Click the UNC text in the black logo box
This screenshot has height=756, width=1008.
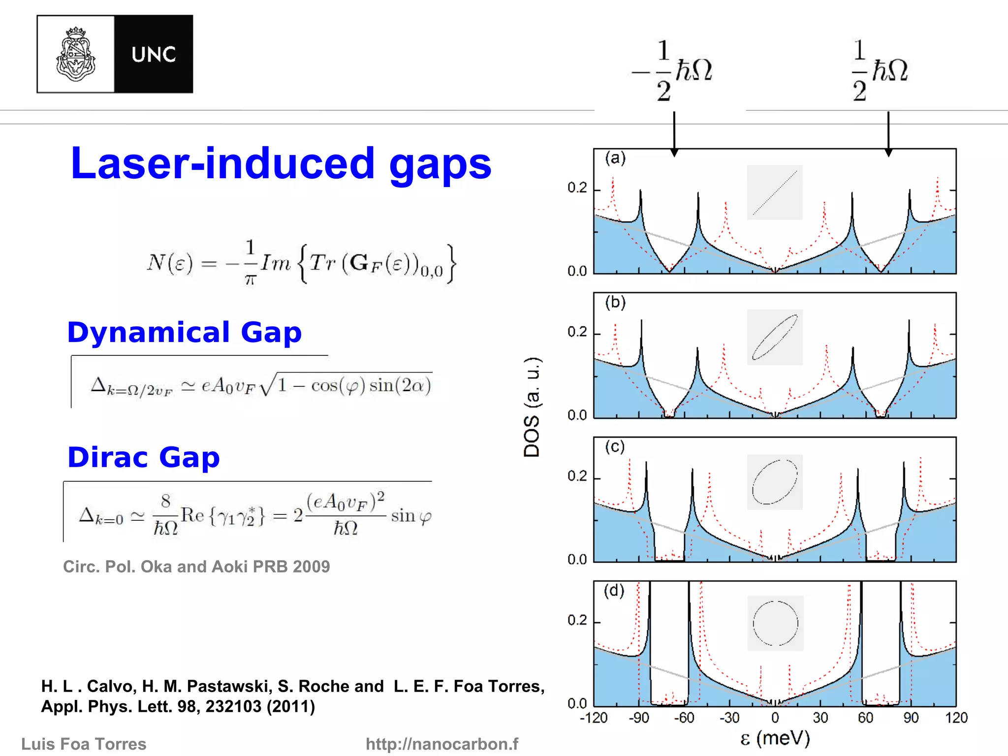coord(154,55)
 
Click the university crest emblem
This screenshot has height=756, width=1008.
coord(75,54)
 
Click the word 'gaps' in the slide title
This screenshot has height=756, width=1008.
coord(440,164)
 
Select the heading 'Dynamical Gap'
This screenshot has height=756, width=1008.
coord(185,332)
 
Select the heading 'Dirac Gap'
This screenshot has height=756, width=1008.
coord(143,457)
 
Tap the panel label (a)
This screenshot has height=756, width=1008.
coord(615,158)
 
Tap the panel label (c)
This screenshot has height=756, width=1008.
coord(615,447)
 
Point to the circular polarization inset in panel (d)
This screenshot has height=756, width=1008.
coord(775,623)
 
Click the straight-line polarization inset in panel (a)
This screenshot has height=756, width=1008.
coord(775,192)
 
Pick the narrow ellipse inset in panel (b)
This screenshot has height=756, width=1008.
coord(775,337)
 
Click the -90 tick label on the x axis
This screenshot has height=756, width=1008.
coord(639,718)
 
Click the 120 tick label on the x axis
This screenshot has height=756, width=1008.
coord(956,718)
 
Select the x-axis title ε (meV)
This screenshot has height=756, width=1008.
coord(775,738)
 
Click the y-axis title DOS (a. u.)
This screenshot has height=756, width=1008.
coord(532,408)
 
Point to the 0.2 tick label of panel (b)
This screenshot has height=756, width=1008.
coord(577,332)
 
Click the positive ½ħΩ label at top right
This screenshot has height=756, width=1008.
coord(880,70)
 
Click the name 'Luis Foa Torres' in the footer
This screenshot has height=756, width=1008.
coord(84,744)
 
